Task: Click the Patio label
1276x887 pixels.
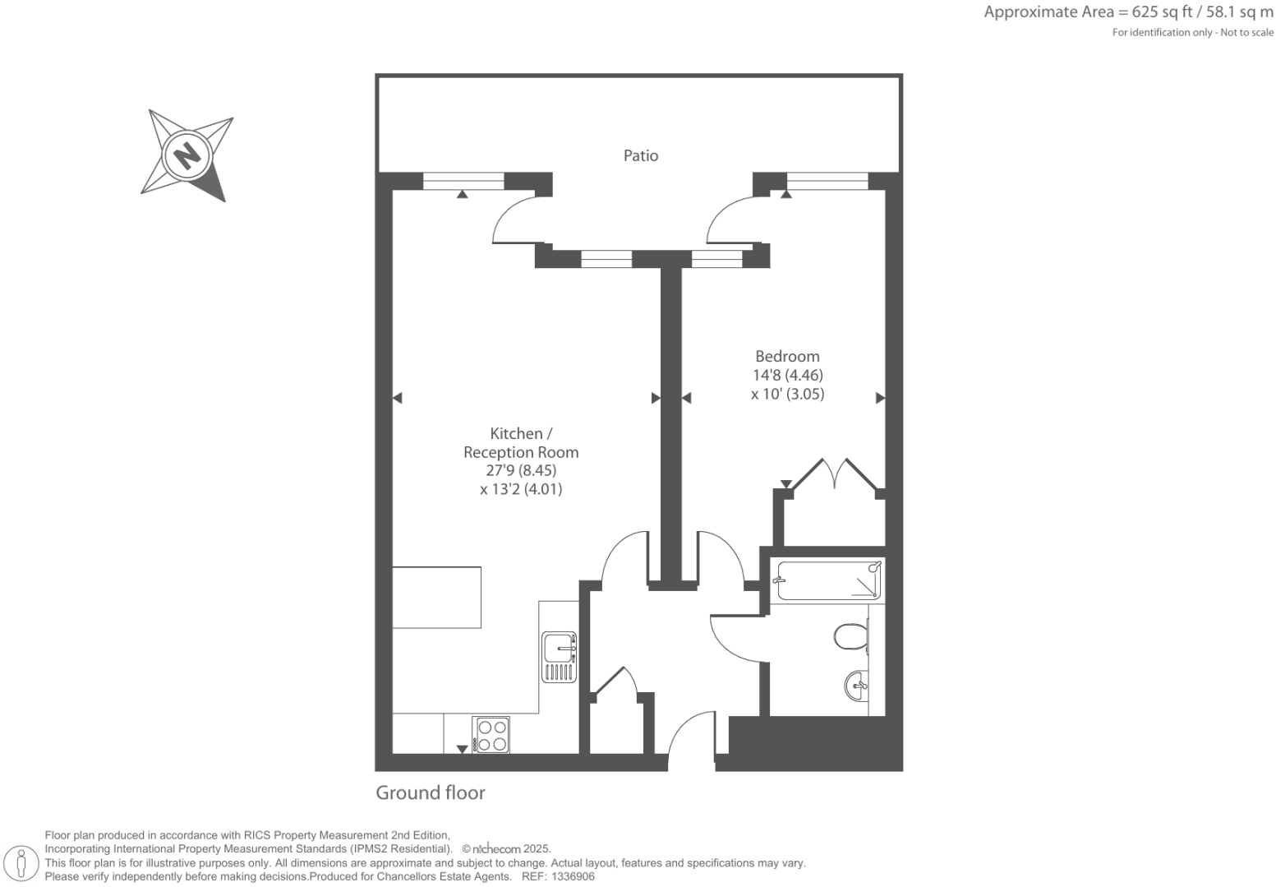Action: point(640,155)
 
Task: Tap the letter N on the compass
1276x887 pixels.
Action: point(187,155)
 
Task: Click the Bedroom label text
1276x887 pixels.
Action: point(787,356)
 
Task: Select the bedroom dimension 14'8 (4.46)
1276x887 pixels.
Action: point(787,375)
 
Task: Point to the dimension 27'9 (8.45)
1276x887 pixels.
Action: point(521,470)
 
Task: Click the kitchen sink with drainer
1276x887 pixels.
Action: point(559,657)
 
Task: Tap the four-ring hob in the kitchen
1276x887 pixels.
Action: point(491,735)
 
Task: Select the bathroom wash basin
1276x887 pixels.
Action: point(856,685)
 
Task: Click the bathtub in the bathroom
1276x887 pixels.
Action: point(828,580)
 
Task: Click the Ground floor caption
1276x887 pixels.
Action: point(431,792)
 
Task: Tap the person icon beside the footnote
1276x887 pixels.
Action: point(21,863)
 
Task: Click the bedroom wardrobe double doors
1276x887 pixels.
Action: point(835,475)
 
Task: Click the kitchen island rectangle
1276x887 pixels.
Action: point(436,597)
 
